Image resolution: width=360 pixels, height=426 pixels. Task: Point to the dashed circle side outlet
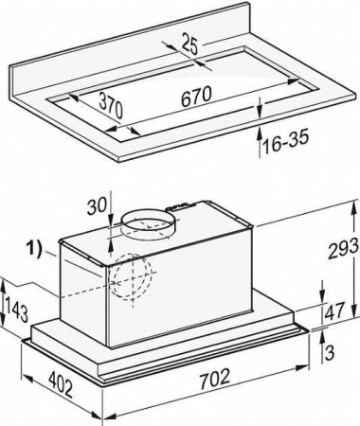point(130,280)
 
